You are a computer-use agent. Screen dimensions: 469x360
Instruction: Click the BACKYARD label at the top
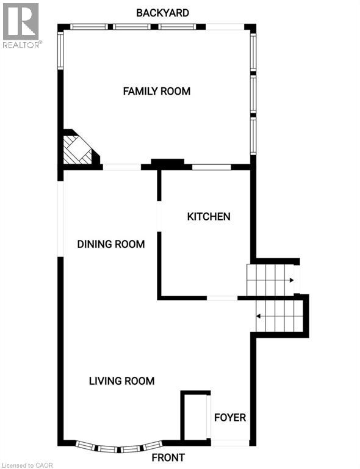(x=162, y=12)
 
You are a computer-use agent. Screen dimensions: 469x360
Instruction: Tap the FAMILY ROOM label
(x=157, y=92)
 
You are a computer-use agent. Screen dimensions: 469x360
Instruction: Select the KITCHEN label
(x=209, y=216)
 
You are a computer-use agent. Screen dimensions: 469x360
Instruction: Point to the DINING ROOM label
(x=110, y=244)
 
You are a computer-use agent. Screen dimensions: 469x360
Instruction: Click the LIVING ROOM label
(x=121, y=381)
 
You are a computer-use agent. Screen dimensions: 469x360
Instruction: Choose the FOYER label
(x=230, y=418)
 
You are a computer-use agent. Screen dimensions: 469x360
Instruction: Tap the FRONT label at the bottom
(x=169, y=457)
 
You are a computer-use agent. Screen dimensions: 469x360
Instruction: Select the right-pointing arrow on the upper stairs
(x=292, y=280)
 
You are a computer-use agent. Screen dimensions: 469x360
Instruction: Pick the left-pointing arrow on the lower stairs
(x=259, y=316)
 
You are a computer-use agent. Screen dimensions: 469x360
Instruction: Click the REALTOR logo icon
(x=21, y=21)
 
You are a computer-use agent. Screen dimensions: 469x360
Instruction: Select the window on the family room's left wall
(x=60, y=51)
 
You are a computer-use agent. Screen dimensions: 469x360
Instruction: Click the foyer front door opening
(x=230, y=442)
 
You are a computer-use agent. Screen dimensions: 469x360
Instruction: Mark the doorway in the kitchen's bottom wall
(x=222, y=298)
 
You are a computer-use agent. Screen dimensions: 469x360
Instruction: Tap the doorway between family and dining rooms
(x=121, y=167)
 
